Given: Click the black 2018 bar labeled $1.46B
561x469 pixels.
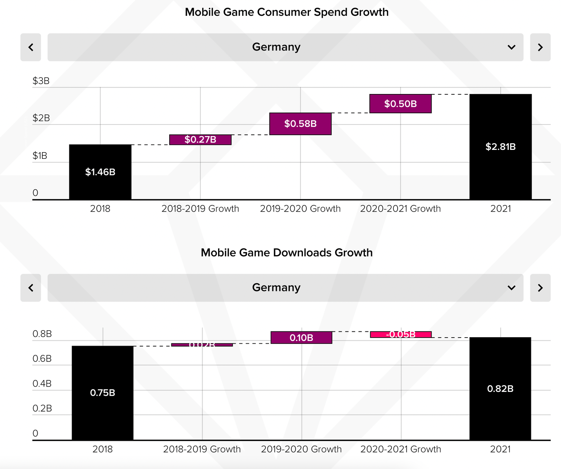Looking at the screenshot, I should (100, 172).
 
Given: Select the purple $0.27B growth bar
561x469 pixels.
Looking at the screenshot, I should (200, 140).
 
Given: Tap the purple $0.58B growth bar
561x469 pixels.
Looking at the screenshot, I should (300, 124).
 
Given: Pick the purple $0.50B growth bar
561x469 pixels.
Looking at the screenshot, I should (400, 104).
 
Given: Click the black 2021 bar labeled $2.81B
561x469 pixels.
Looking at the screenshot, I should (501, 147).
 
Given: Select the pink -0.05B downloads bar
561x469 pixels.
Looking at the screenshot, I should (401, 335).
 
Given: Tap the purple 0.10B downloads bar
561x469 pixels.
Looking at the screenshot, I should (301, 338).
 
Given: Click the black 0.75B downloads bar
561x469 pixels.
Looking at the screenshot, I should (102, 393).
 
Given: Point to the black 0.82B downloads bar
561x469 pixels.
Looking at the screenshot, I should (500, 388).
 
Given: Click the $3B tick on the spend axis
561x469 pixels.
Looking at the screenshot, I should (41, 81).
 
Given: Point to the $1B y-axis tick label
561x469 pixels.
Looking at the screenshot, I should (40, 156).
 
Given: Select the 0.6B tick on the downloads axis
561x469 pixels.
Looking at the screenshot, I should (42, 359).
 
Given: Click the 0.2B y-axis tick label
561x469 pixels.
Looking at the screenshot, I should (42, 408).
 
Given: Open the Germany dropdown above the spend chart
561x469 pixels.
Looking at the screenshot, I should (285, 47).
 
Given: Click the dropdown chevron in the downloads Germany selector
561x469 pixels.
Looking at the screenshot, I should (511, 288).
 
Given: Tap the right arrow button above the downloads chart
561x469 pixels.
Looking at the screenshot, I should (540, 288).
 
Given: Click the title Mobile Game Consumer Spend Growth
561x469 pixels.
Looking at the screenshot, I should (287, 12).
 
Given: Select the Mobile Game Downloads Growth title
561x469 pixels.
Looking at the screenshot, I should (287, 252).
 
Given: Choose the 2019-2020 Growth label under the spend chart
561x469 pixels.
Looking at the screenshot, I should (300, 208).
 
